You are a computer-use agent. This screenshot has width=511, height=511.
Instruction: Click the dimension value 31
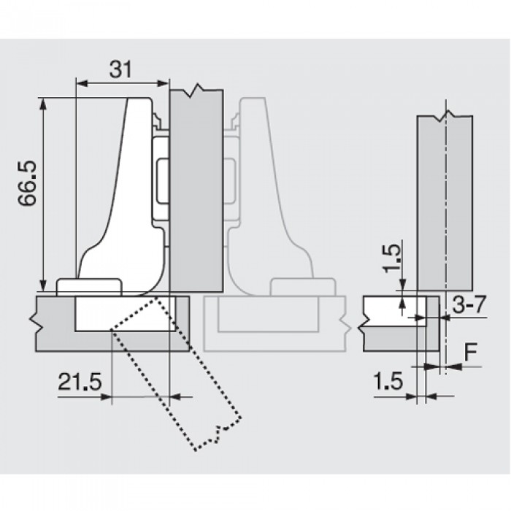click(x=120, y=69)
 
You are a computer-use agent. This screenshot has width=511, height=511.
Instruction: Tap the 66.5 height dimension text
click(x=28, y=183)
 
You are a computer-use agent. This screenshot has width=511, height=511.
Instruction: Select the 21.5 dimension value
click(x=80, y=381)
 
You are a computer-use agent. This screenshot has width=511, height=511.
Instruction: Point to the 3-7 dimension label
click(x=469, y=304)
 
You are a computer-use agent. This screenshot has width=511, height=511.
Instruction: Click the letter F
click(x=471, y=352)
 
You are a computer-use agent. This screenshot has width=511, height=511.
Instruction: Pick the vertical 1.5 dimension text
click(x=391, y=258)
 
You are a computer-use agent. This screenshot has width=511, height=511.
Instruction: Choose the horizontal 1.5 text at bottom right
click(x=388, y=381)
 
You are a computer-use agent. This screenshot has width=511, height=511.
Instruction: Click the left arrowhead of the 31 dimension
click(x=82, y=83)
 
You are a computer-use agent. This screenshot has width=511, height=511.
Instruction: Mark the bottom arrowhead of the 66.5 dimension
click(x=42, y=285)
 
